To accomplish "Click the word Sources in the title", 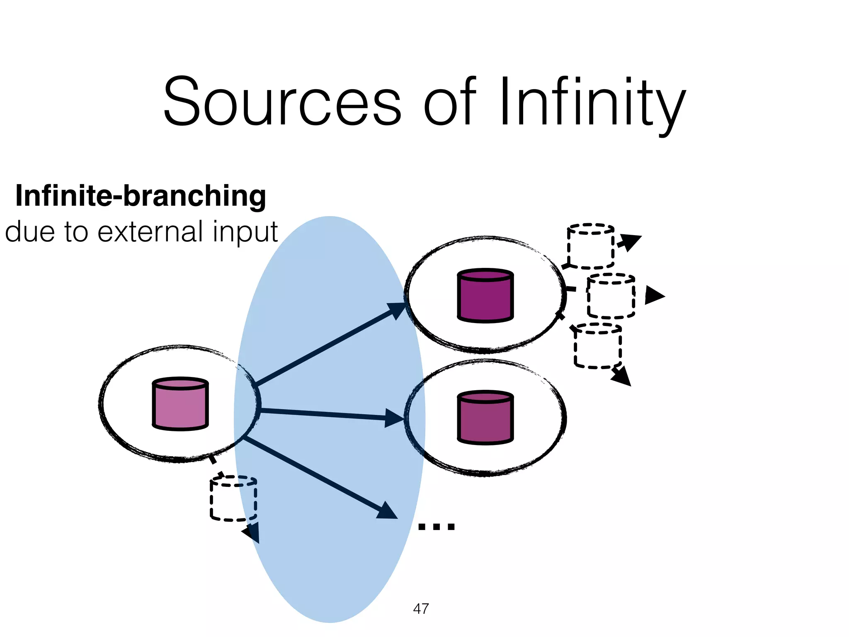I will point(282,102).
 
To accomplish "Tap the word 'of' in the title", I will point(449,102).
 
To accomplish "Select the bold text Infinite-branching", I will point(141,196).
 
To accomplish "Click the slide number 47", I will point(421,608).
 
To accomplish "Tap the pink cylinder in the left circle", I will point(180,404).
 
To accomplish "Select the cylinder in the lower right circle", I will point(485,418).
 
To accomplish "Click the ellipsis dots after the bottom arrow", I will point(437,527).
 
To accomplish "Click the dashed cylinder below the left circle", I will point(233,499).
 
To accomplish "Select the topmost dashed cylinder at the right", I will point(590,246).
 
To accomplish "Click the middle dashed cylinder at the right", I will point(611,296).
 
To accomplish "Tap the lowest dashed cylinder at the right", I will point(597,346).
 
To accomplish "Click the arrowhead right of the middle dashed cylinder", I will point(654,296).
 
